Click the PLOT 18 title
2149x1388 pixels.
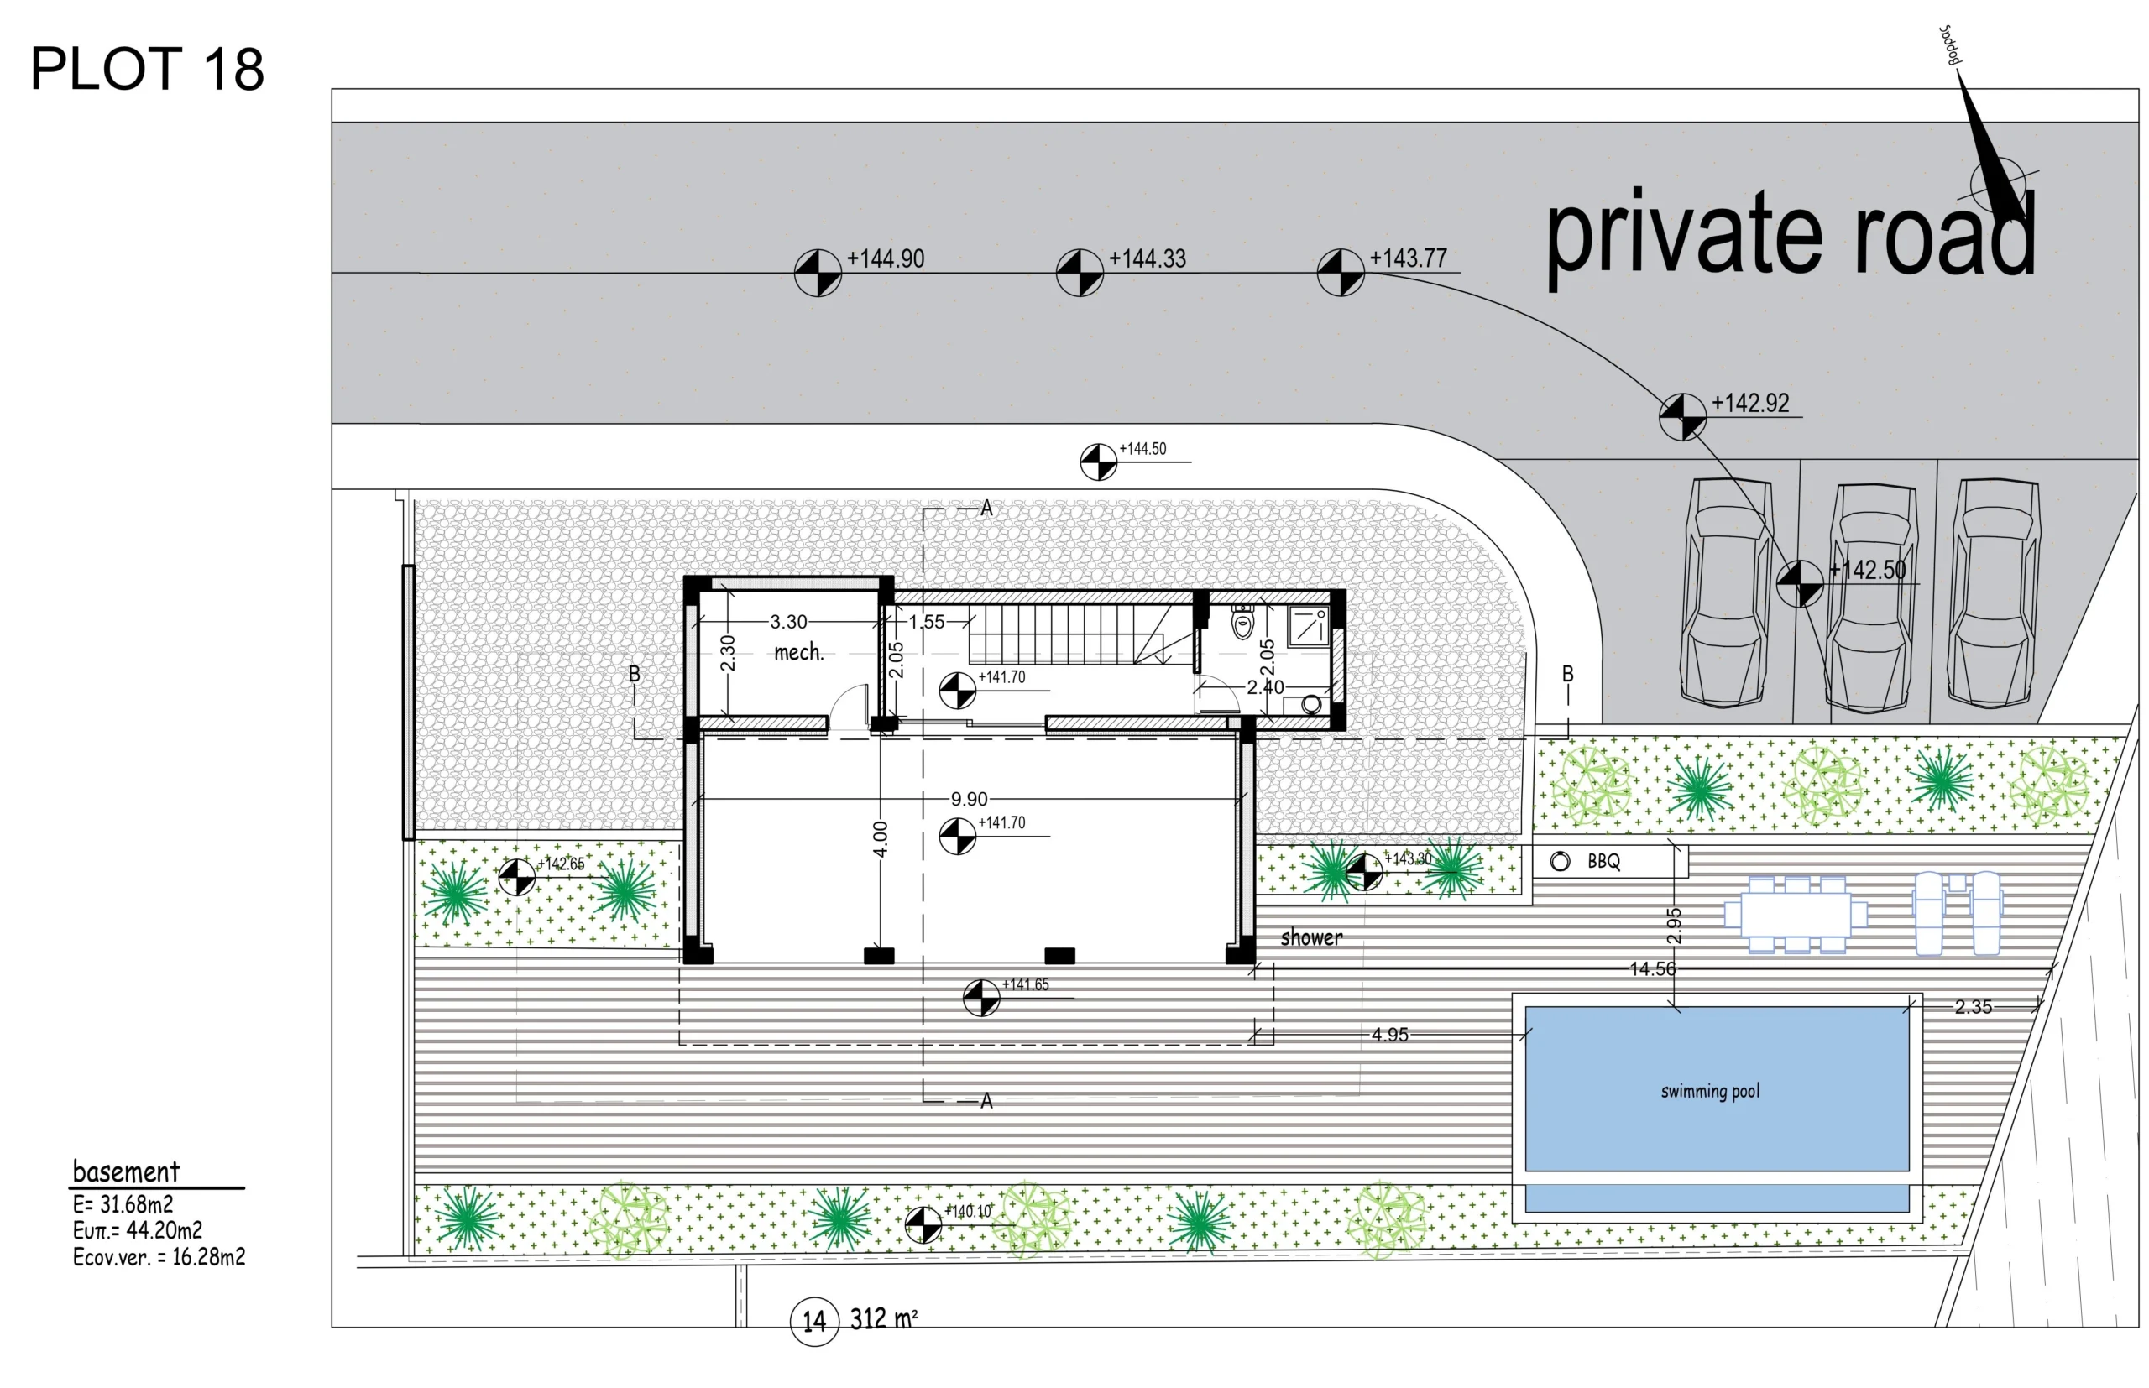tap(147, 69)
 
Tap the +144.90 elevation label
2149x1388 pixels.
tap(885, 258)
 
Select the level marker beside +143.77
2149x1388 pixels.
tap(1341, 273)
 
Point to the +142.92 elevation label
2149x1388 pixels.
tap(1749, 403)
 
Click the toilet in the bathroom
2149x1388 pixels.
tap(1243, 622)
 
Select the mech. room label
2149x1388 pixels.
tap(798, 652)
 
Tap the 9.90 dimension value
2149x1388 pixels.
tap(969, 800)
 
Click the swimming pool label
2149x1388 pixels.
tap(1710, 1092)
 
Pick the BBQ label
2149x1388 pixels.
tap(1603, 862)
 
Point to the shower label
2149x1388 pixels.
tap(1311, 938)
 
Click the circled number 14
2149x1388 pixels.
tap(814, 1322)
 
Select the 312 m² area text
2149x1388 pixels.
tap(883, 1318)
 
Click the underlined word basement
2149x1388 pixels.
tap(126, 1171)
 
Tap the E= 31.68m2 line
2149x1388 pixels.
tap(123, 1204)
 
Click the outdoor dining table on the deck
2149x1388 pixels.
tap(1796, 914)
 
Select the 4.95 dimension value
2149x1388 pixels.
tap(1389, 1035)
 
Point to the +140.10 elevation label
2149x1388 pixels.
tap(968, 1211)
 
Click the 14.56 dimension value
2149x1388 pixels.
tap(1652, 969)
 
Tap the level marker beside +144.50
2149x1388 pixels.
tap(1098, 462)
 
